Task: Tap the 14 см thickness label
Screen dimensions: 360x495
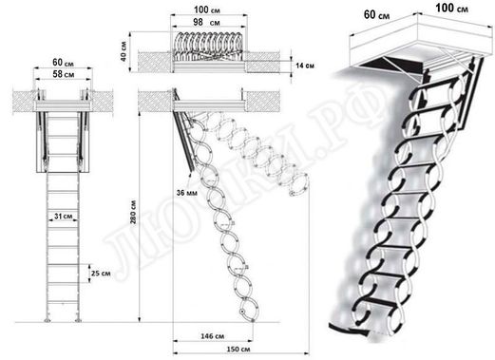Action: pos(303,66)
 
